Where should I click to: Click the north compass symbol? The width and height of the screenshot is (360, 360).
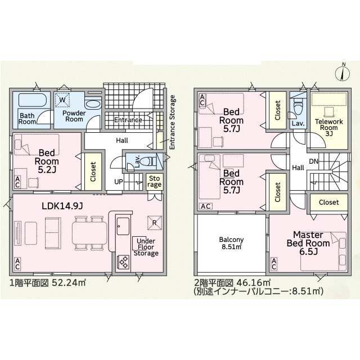(343, 73)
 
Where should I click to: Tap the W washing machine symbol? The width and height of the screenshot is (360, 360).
(62, 100)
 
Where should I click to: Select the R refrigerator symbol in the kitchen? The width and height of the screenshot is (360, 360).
(155, 223)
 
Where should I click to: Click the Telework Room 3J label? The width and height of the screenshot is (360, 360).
(328, 128)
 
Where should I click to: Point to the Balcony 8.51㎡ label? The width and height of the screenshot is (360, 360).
(231, 243)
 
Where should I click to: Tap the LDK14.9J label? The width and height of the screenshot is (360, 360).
(62, 206)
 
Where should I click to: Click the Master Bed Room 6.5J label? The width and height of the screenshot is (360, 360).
(308, 243)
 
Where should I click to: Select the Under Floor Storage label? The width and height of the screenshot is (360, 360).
(146, 247)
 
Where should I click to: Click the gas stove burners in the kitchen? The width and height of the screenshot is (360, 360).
(123, 262)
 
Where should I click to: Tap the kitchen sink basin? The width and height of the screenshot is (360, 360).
(123, 226)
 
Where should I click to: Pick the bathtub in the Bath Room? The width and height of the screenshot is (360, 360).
(33, 100)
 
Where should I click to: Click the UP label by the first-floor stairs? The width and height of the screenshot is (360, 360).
(119, 182)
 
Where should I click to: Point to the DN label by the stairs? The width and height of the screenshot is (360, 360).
(313, 161)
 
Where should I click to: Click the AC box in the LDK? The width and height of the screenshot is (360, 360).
(17, 264)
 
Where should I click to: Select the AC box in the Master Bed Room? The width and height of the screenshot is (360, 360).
(274, 264)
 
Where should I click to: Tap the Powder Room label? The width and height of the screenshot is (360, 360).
(74, 116)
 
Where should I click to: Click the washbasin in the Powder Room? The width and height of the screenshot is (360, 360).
(93, 105)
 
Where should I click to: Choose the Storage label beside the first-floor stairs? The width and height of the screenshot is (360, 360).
(155, 182)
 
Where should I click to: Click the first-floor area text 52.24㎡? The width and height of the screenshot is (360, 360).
(69, 282)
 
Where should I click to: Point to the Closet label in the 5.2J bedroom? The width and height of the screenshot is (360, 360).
(93, 172)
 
